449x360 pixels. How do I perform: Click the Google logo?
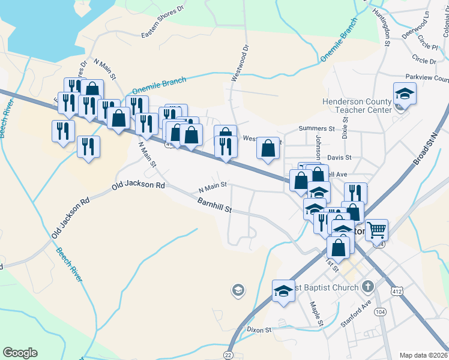pos(20,353)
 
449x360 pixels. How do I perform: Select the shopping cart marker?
pos(376,230)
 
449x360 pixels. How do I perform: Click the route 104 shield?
pos(379,312)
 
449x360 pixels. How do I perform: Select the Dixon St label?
pos(259,329)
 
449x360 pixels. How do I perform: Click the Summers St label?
pos(317,128)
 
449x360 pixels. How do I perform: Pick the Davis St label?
pos(339,157)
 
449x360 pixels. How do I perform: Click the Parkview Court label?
pos(427,78)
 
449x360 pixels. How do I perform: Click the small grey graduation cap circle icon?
pos(238,291)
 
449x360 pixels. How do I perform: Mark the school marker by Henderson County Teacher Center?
pos(405,94)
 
